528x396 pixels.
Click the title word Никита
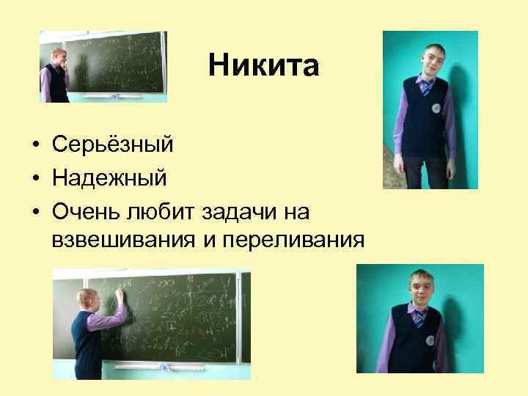263,67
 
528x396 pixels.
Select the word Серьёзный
113,144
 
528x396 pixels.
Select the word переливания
302,240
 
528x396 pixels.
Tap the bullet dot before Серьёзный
36,145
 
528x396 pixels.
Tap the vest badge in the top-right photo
436,109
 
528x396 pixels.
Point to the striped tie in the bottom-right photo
418,317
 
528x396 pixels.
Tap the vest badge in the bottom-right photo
430,341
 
